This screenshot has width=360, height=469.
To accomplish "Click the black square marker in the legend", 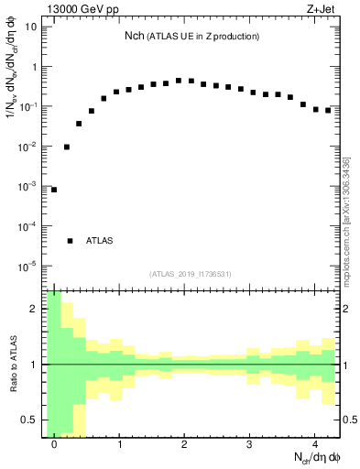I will [x=70, y=241].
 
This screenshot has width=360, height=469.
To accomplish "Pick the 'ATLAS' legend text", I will [x=99, y=241].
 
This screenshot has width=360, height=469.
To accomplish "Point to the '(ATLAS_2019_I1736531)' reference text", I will [x=191, y=274].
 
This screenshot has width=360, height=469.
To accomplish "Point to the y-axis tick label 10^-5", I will [x=28, y=267].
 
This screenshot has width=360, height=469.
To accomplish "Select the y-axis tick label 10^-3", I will [x=28, y=187].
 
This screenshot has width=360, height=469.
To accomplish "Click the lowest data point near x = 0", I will [x=53, y=190].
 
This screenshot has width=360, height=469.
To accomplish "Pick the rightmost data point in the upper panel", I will [x=328, y=110].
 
